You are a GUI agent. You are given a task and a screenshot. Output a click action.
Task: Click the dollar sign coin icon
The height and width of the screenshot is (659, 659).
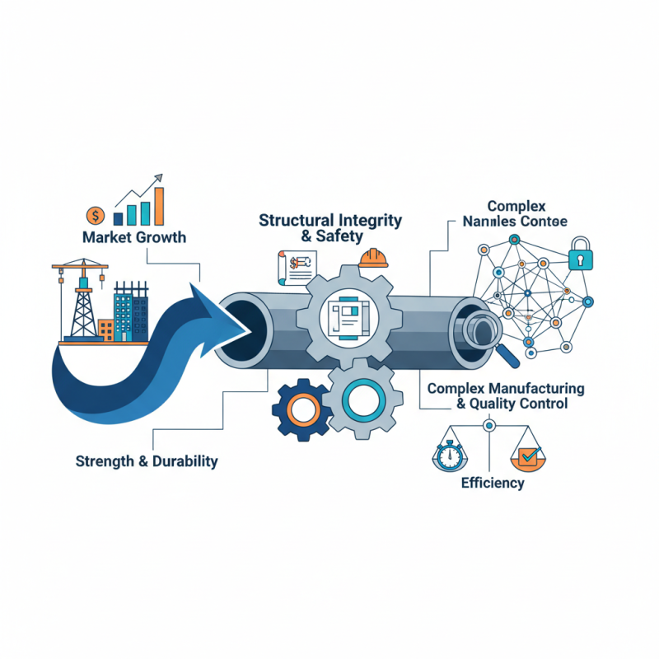click(x=96, y=216)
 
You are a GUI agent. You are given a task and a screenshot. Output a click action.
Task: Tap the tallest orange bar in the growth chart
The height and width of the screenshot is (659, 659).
click(x=158, y=205)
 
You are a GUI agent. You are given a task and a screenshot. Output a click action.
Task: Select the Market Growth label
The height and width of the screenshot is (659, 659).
click(x=134, y=238)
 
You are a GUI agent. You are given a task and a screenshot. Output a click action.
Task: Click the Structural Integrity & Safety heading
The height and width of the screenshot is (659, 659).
click(x=330, y=228)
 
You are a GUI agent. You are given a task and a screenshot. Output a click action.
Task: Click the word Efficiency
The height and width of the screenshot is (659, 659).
click(x=493, y=483)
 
